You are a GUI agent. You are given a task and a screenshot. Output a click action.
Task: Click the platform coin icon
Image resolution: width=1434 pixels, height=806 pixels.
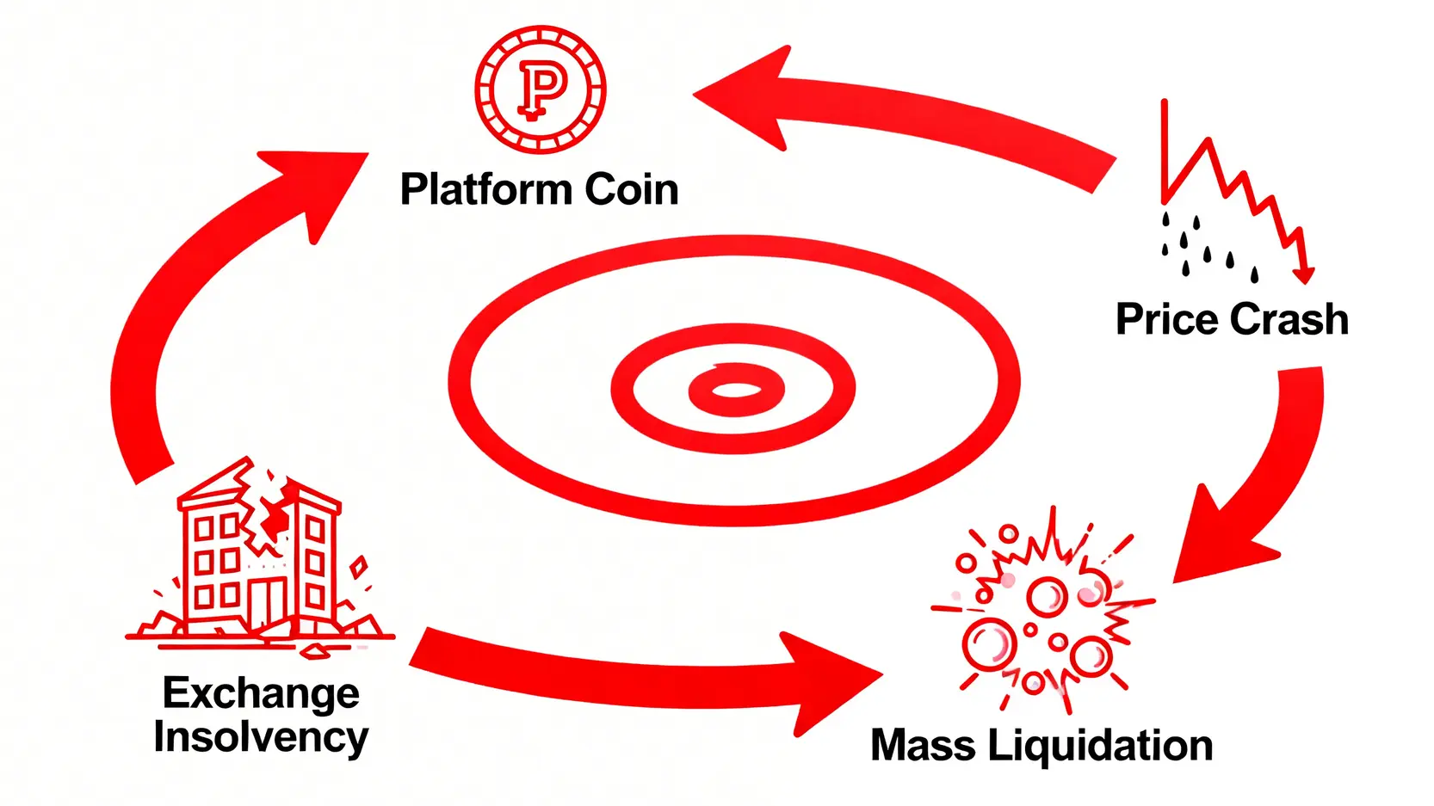coord(541,89)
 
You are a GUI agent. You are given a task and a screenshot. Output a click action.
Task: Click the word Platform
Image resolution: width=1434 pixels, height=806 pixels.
coord(486,190)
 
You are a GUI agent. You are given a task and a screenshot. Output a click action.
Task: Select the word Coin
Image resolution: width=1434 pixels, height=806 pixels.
coord(632,190)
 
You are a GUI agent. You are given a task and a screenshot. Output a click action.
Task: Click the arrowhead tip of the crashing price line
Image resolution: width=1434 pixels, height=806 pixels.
coord(1305,277)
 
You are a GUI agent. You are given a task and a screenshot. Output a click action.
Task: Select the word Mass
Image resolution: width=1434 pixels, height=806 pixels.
coord(922,746)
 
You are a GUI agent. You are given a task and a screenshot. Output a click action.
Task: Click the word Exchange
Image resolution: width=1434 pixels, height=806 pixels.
coord(261,693)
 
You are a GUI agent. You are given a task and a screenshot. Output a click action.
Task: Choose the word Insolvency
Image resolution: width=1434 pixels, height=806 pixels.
coord(261,737)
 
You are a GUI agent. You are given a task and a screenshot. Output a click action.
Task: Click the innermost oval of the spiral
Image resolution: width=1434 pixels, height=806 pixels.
coord(736,391)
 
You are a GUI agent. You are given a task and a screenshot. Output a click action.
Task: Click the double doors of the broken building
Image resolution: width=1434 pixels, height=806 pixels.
coord(267,602)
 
